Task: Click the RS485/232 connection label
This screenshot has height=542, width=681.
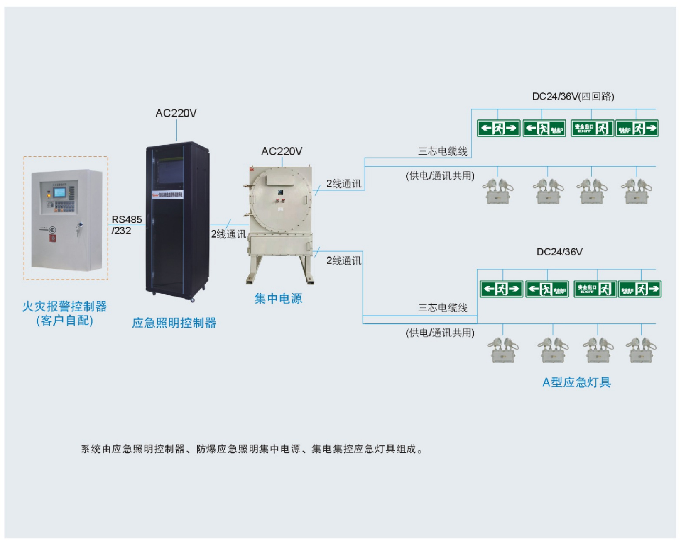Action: click(126, 225)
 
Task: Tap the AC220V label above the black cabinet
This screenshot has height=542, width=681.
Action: click(176, 113)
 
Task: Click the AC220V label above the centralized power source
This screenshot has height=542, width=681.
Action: click(282, 151)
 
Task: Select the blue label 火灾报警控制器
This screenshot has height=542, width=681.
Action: click(64, 306)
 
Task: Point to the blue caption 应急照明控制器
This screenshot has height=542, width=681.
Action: click(174, 323)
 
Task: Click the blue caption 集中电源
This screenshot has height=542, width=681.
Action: click(278, 298)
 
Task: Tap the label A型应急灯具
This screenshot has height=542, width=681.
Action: click(576, 382)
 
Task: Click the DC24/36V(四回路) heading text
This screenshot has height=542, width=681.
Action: click(573, 97)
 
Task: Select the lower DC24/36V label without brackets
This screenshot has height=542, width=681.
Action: click(559, 252)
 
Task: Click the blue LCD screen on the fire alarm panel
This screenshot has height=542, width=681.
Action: click(59, 192)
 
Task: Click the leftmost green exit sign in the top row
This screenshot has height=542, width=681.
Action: click(498, 128)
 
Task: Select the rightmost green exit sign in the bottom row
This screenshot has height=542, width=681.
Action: click(639, 289)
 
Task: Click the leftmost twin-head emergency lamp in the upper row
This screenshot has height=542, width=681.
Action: click(497, 191)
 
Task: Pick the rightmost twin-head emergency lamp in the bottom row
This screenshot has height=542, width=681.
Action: click(641, 350)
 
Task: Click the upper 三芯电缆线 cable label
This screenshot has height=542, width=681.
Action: click(443, 151)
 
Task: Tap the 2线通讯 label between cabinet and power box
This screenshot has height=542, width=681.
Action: click(228, 234)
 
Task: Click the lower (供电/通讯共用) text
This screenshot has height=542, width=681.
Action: click(440, 333)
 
